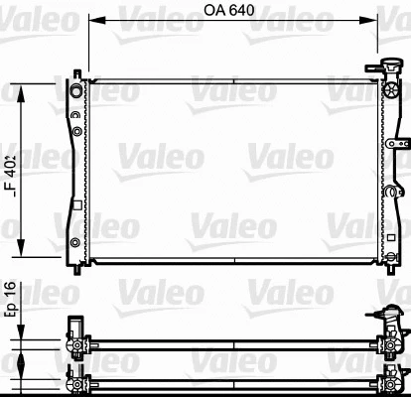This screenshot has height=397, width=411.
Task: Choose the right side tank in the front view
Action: coord(387,169)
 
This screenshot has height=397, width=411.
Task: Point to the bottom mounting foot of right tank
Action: coord(387,266)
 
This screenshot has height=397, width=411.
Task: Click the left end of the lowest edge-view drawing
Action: coord(73,381)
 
